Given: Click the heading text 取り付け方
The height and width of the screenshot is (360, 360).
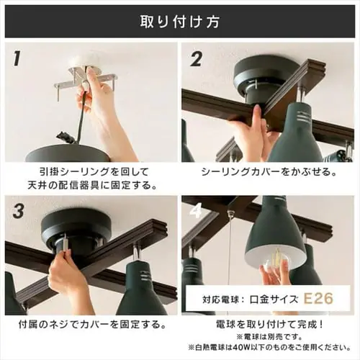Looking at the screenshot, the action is coord(180,22).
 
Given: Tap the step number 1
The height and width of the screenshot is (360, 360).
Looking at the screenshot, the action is coord(17,59).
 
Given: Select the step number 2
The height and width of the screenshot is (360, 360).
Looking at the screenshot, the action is coord(196,59).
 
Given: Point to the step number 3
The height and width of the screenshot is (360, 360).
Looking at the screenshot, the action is coord(19,211).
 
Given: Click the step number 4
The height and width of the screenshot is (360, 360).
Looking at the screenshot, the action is coord(196,211).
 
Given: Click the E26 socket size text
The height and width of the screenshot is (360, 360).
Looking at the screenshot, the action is coord(318,298).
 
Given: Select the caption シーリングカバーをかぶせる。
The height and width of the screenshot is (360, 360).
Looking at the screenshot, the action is coord(268,172).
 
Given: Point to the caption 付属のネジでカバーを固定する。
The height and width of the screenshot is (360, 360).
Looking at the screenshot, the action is coord(92,325).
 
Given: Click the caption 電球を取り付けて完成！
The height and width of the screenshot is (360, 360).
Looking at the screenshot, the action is coord(269,325).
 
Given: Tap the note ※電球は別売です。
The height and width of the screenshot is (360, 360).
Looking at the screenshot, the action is coord(269,337).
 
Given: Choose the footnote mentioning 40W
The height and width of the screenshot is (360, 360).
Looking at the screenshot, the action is coord(269,347).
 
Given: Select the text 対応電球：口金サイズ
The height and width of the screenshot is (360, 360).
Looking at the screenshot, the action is coord(250,300).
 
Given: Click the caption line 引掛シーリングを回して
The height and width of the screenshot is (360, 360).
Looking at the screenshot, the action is coord(94,172).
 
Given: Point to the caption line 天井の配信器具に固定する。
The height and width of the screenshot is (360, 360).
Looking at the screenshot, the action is coord(92,185).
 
